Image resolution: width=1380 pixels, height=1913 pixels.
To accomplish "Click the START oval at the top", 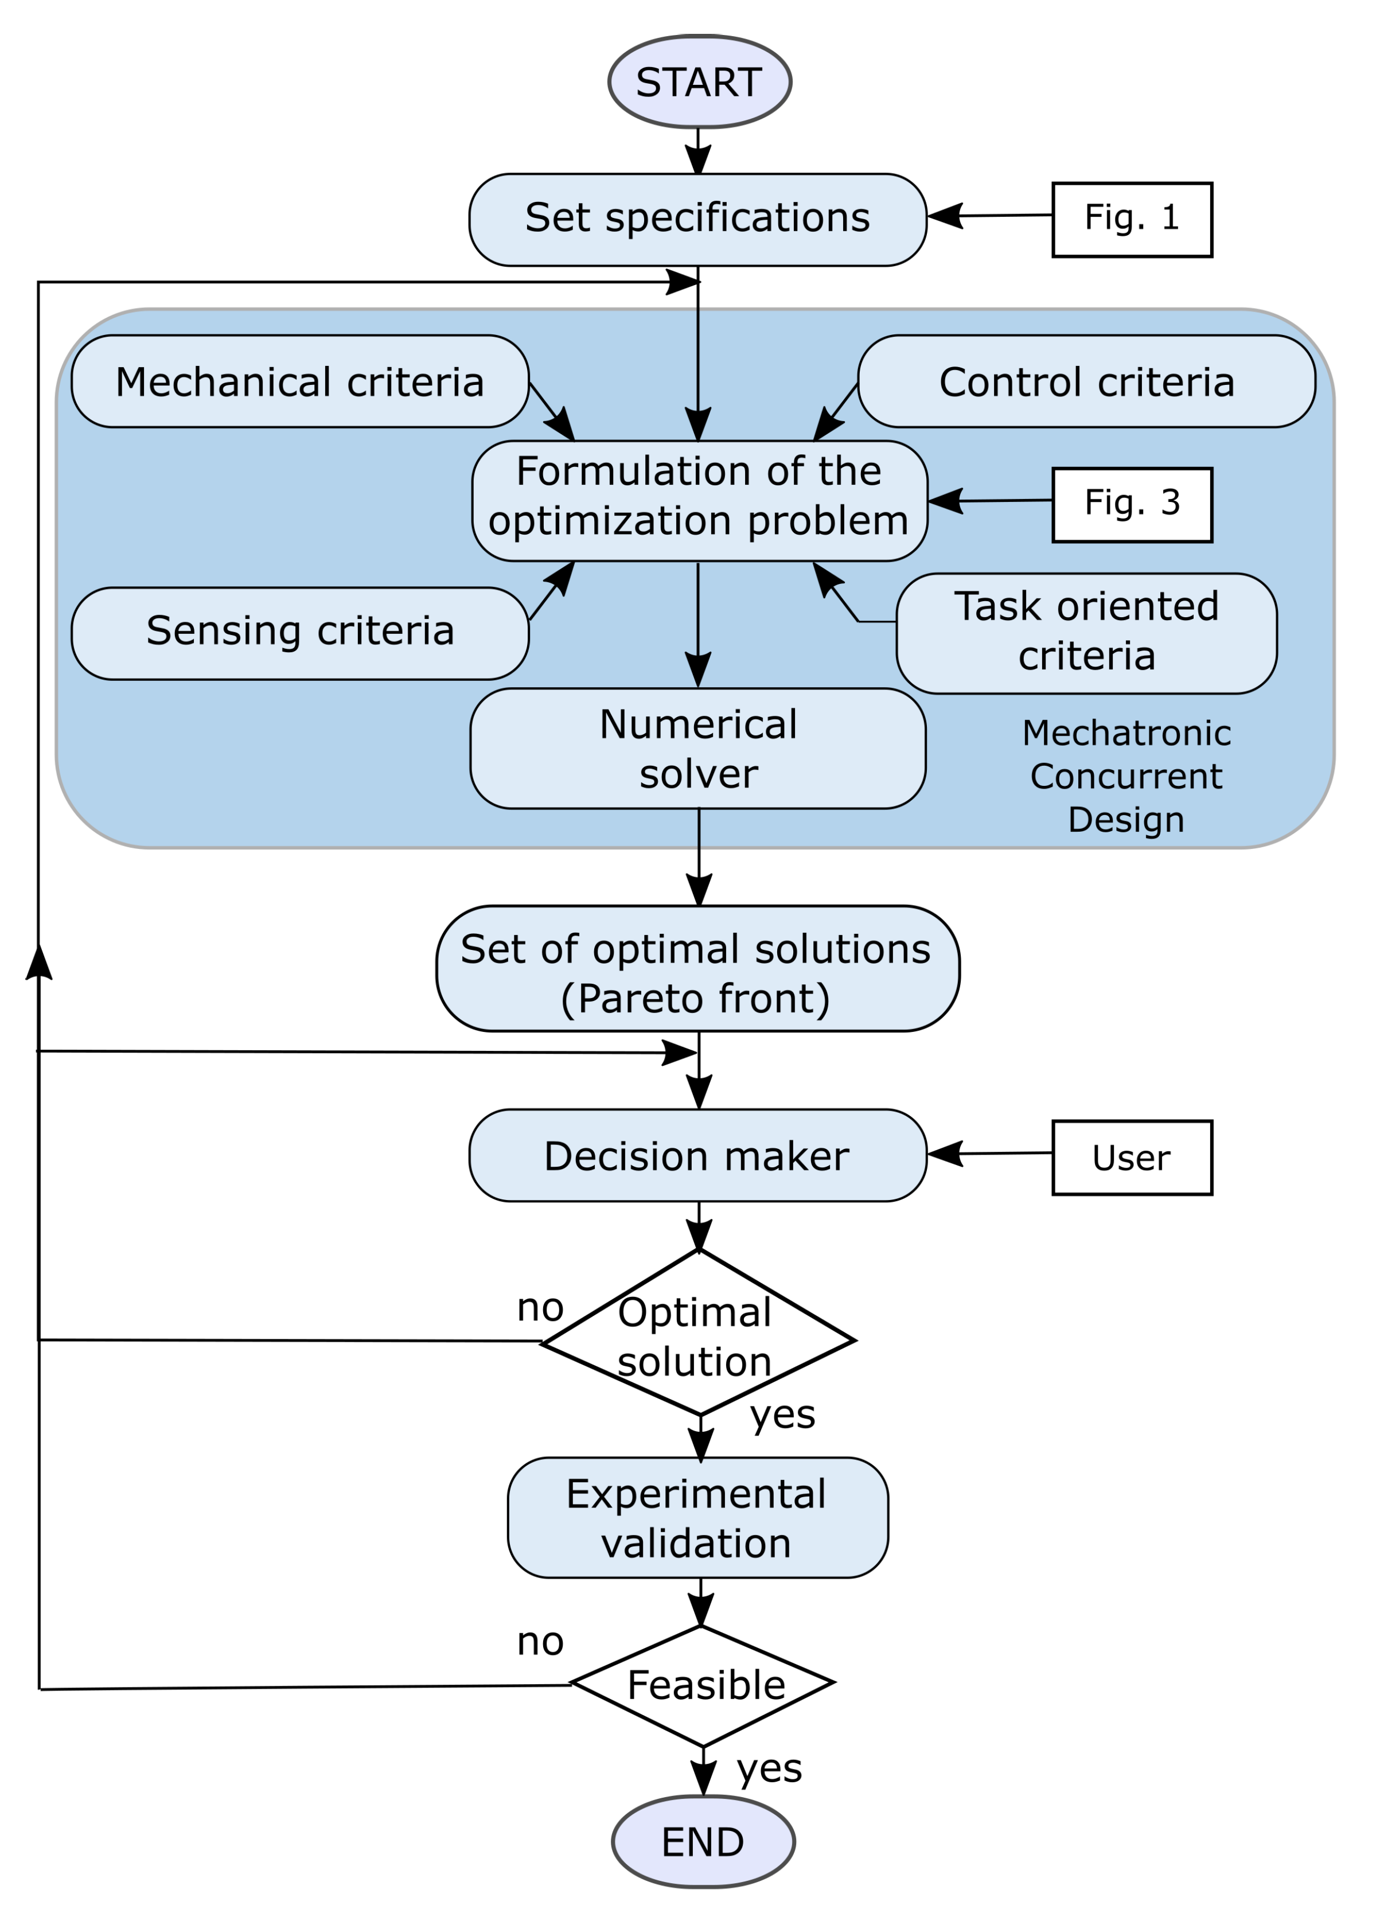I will pos(699,82).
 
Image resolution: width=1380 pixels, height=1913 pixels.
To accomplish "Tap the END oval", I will pos(703,1841).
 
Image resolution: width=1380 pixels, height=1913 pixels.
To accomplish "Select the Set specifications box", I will pos(697,219).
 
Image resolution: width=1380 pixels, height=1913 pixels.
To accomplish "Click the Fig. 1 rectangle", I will pos(1131,219).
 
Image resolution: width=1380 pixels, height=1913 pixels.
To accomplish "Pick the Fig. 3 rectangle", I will pos(1131,504).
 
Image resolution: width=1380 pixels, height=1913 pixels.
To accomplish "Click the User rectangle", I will pos(1131,1157).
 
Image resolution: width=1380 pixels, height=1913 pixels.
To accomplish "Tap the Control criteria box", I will pos(1086,381).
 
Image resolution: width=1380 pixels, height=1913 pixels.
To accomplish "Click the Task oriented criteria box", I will pos(1086,633).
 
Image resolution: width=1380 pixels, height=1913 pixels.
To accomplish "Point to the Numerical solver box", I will pos(697,748).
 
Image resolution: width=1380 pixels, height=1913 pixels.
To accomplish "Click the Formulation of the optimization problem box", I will pos(699,500).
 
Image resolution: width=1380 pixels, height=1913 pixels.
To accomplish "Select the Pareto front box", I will pos(697,968).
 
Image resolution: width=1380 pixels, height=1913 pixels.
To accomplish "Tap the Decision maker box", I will pos(697,1155).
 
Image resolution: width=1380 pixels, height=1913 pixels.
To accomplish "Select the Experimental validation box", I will pos(697,1517).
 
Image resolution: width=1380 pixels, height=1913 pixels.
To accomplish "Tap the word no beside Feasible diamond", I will pos(540,1641).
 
